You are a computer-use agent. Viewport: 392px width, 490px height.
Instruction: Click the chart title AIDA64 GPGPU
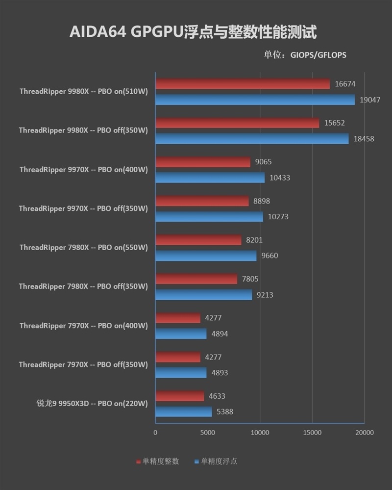(193, 32)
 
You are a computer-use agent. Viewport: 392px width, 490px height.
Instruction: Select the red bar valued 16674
(243, 84)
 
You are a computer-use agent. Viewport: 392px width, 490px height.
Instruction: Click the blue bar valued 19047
(255, 100)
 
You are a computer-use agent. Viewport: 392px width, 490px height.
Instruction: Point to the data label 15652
(335, 123)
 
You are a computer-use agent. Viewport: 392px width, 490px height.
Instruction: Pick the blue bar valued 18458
(252, 139)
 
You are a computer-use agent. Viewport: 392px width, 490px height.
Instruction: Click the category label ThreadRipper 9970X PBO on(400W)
(83, 169)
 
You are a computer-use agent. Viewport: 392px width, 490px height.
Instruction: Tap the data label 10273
(278, 217)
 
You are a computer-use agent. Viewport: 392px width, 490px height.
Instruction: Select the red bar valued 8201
(198, 240)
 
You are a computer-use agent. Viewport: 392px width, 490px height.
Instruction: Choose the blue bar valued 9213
(203, 295)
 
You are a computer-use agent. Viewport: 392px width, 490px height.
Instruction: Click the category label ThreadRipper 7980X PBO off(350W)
(83, 286)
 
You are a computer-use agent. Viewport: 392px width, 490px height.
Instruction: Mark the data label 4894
(220, 334)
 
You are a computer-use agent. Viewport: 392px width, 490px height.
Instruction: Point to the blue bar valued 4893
(181, 373)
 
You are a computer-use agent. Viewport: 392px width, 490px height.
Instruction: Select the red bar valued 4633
(179, 396)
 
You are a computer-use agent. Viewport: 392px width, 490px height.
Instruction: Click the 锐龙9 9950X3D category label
(92, 404)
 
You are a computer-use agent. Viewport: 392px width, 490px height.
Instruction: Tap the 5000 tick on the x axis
(207, 433)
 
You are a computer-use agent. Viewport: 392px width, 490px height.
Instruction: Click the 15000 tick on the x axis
(312, 433)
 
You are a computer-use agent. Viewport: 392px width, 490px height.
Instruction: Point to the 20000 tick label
(364, 433)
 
